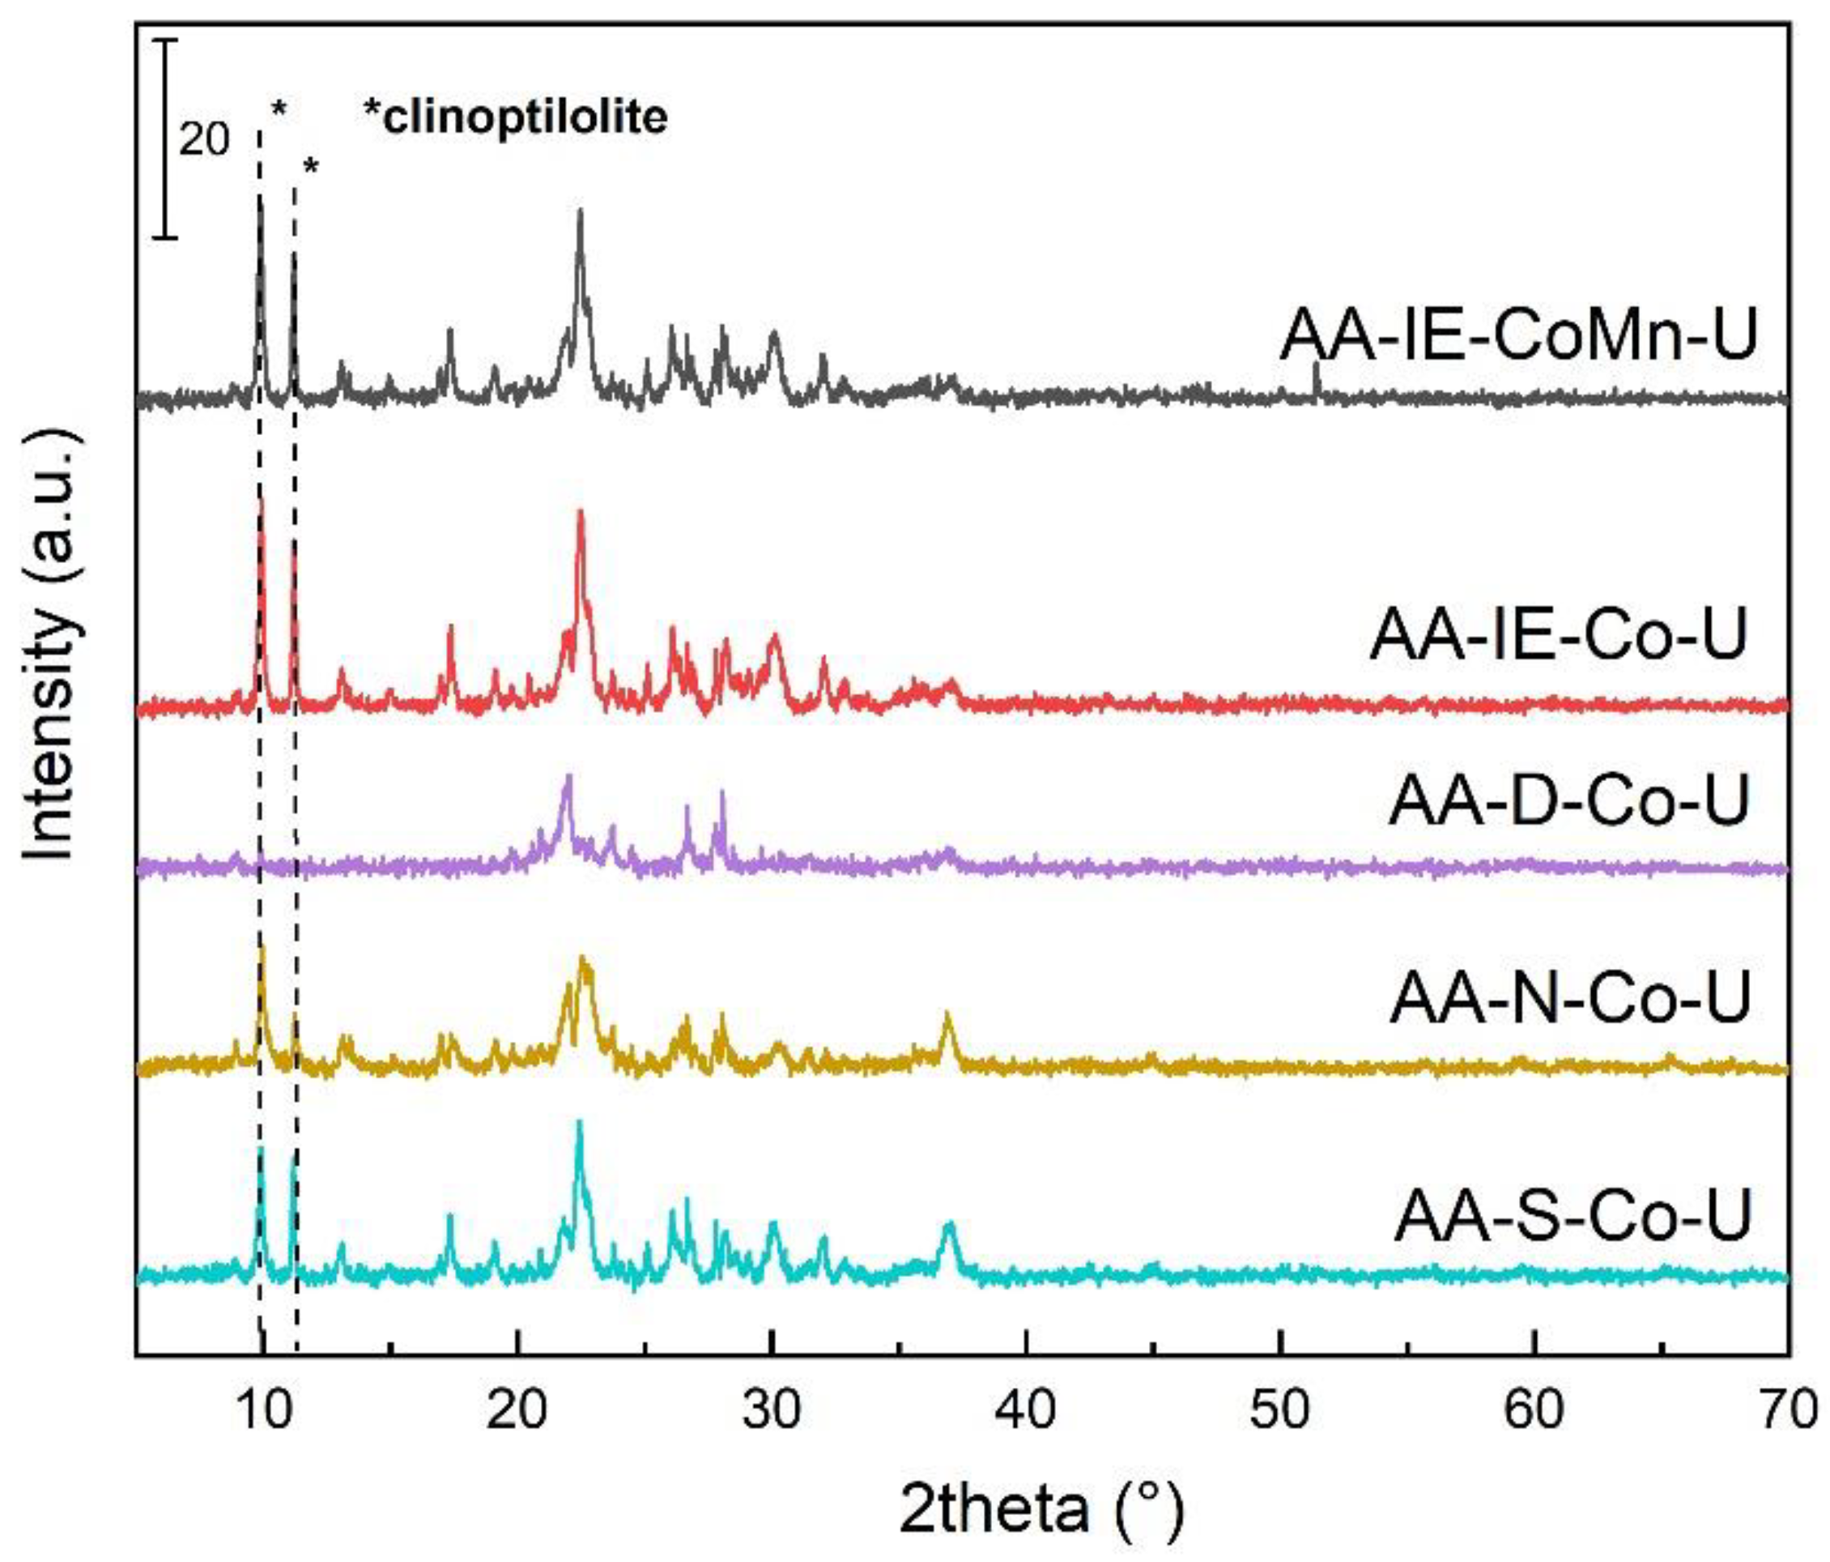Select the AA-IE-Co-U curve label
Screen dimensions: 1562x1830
(1559, 634)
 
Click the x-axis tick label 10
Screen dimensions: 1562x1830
(264, 1409)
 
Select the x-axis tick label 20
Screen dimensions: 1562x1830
(517, 1409)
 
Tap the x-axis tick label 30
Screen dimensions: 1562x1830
(772, 1409)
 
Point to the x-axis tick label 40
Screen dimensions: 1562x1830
(1026, 1409)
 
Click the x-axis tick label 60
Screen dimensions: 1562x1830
(1534, 1409)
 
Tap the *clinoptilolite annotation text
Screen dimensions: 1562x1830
(516, 118)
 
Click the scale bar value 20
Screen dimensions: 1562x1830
(204, 139)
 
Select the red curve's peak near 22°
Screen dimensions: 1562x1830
(581, 511)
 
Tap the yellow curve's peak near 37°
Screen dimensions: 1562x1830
(947, 1015)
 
